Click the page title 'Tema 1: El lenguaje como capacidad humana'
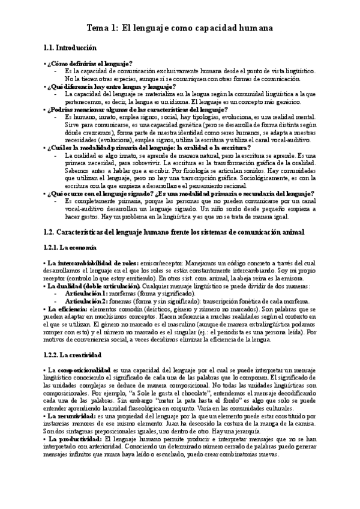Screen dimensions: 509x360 click(x=180, y=28)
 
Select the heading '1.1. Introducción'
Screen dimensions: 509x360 click(x=71, y=47)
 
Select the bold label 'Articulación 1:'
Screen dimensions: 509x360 click(x=88, y=294)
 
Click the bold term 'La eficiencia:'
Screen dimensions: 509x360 click(x=68, y=309)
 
